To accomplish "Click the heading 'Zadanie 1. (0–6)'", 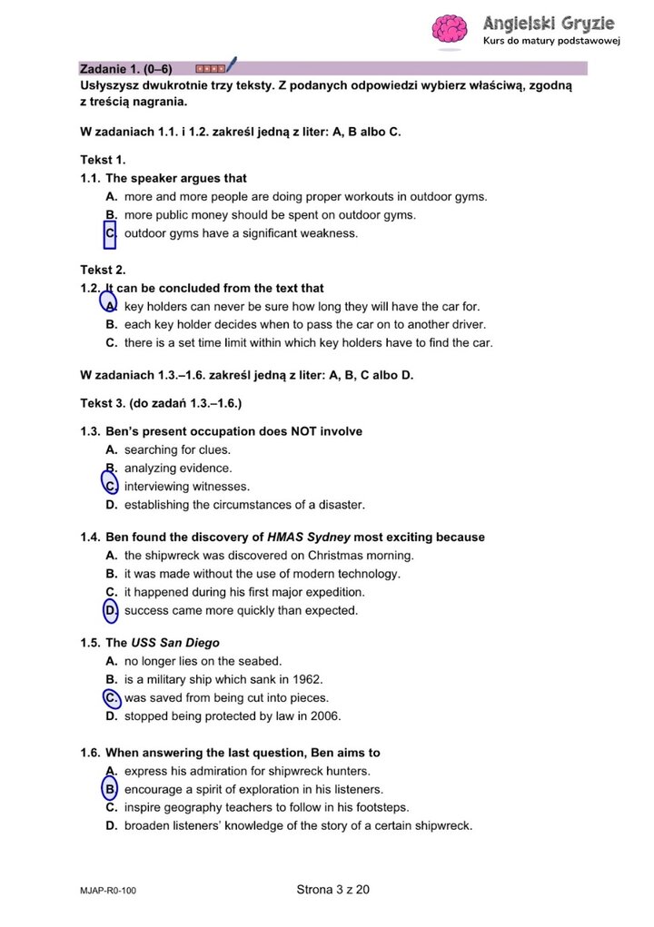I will click(x=126, y=68).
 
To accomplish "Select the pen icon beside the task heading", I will click(x=231, y=65).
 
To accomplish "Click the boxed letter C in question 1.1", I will click(x=111, y=234).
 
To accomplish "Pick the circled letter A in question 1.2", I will click(x=110, y=306).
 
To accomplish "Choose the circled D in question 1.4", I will click(x=111, y=610).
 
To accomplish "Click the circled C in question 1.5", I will click(x=111, y=698).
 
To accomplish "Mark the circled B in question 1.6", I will click(x=111, y=789).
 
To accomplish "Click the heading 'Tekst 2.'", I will click(x=103, y=270).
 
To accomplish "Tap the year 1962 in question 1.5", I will click(x=308, y=679).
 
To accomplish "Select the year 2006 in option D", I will click(x=324, y=716).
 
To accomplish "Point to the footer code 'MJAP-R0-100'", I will click(x=108, y=892).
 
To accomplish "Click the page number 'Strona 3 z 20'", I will click(x=333, y=890).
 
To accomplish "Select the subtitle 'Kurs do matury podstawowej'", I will click(x=550, y=42).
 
